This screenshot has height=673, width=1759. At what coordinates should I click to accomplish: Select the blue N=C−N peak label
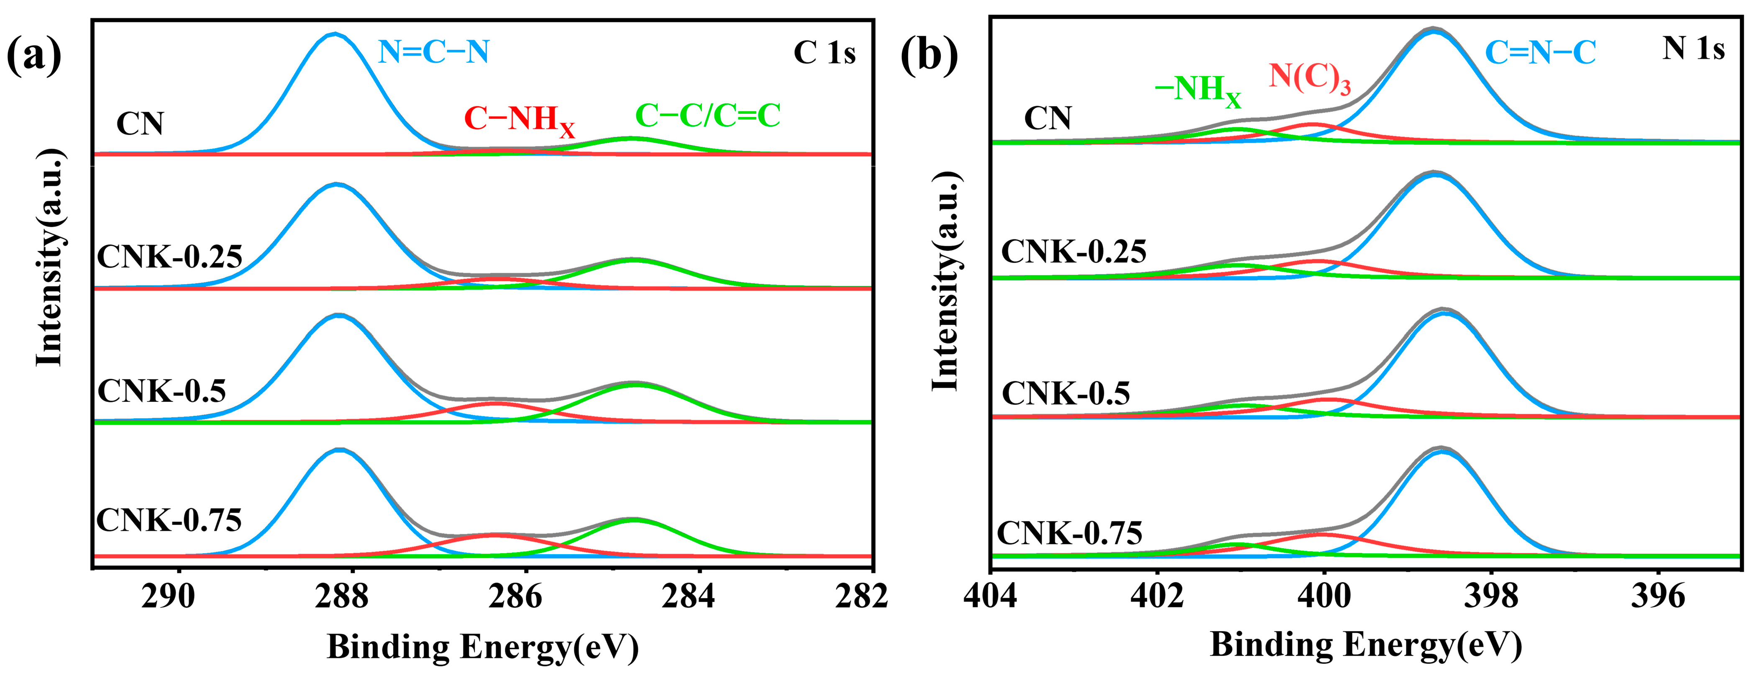coord(434,52)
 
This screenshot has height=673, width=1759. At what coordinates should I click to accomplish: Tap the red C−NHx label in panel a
coord(519,120)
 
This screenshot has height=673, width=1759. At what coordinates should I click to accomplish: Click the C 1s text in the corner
coord(824,53)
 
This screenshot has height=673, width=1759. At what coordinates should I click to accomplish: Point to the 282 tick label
coord(862,596)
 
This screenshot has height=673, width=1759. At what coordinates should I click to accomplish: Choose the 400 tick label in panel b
coord(1324,596)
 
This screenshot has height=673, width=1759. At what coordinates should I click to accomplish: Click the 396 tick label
coord(1658,596)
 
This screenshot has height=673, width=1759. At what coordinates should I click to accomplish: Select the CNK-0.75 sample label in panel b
coord(1069,533)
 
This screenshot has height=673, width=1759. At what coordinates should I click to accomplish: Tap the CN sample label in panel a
coord(140,123)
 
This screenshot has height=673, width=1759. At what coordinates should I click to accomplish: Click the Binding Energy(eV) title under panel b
coord(1366,646)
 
